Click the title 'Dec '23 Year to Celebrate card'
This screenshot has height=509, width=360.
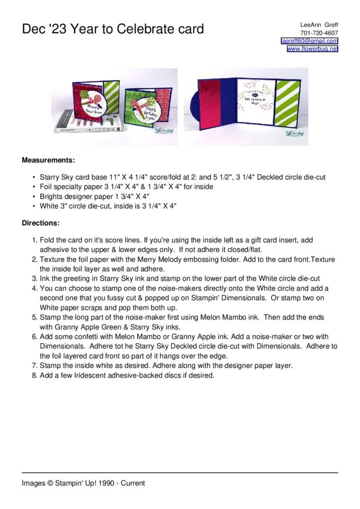pos(113,29)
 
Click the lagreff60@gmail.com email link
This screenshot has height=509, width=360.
pos(310,41)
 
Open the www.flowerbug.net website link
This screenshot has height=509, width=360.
pos(312,49)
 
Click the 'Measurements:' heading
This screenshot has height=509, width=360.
pos(48,161)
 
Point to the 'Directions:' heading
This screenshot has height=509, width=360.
pos(41,223)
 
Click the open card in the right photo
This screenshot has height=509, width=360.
pos(249,105)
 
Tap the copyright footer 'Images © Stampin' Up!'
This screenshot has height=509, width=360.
pos(83,483)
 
